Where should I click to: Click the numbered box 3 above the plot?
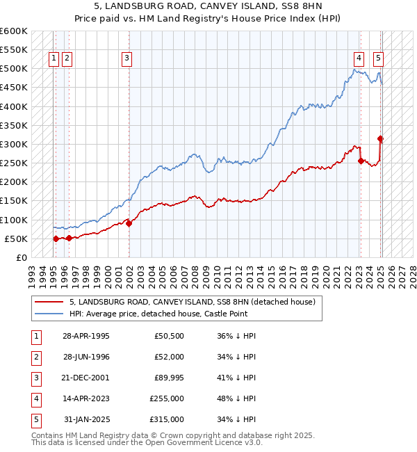click(127, 59)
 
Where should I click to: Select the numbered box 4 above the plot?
click(359, 59)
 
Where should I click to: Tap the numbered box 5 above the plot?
click(378, 59)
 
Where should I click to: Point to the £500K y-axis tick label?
click(14, 69)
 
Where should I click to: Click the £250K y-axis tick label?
click(14, 163)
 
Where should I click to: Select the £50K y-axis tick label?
click(16, 239)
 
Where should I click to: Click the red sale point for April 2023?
click(361, 161)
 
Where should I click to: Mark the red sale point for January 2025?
click(381, 138)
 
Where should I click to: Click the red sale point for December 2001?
click(129, 223)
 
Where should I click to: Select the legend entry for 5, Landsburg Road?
click(193, 302)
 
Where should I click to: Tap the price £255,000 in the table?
click(167, 398)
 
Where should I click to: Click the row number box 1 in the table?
click(35, 336)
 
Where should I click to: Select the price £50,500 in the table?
click(169, 336)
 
